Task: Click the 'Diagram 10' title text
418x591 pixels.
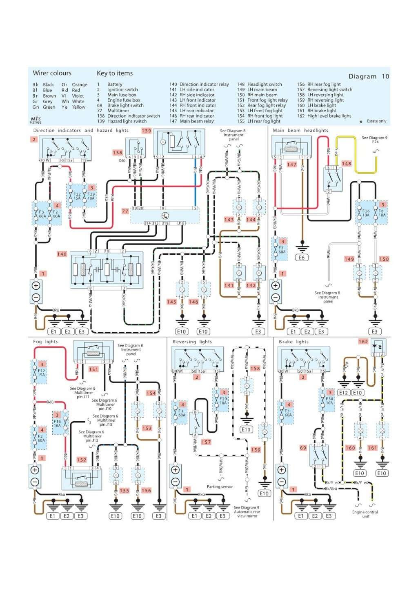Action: (369, 76)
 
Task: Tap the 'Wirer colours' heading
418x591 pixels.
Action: (52, 73)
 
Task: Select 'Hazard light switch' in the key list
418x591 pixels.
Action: (127, 121)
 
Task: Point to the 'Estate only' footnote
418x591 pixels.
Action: (376, 121)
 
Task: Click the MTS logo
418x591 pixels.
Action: (36, 118)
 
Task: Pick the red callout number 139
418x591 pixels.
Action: (146, 131)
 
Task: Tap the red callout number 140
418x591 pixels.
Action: (62, 254)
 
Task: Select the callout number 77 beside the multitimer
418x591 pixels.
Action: (125, 211)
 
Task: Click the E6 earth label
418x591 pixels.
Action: (302, 258)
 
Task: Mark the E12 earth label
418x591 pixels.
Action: (344, 393)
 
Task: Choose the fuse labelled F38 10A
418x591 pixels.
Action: (329, 400)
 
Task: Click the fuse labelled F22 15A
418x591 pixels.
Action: (76, 196)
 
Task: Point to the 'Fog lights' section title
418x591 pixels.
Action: (45, 342)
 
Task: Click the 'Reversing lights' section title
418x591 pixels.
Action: (192, 342)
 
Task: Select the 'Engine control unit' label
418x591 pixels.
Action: (365, 514)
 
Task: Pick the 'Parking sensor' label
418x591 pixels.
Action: (220, 487)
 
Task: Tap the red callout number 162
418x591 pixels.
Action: (363, 342)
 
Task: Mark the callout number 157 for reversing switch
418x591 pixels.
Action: (206, 442)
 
